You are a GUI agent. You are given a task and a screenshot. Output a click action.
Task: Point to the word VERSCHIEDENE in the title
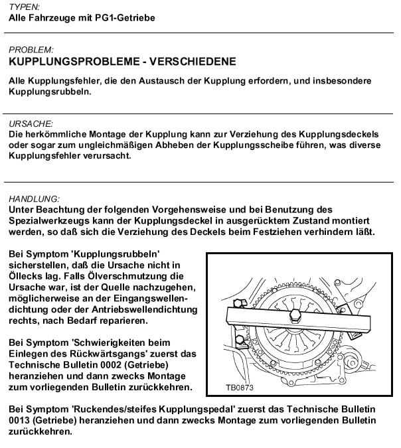[x=194, y=62]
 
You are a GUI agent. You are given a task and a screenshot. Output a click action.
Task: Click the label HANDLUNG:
[x=35, y=198]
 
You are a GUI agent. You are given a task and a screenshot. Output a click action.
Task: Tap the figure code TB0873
[x=239, y=387]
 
